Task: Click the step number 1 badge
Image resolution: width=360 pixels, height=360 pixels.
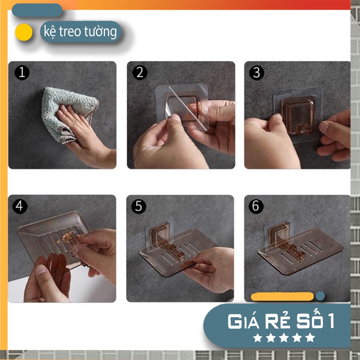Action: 22,73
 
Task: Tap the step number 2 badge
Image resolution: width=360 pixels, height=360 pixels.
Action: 140,73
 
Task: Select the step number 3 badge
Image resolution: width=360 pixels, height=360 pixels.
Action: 256,73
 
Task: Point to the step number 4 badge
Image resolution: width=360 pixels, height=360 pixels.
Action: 20,206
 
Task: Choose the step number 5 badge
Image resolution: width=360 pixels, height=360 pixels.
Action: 139,206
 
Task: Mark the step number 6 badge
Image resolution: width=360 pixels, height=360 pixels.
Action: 256,206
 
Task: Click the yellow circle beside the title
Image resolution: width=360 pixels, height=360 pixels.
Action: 24,32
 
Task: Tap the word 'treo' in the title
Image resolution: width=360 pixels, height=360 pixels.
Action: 71,31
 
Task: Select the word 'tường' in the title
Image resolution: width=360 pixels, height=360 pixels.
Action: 100,32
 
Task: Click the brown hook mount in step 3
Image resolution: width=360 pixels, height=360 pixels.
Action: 298,116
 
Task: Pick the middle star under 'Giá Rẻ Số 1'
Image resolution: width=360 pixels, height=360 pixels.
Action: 284,338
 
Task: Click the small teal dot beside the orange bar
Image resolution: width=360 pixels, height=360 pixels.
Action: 320,296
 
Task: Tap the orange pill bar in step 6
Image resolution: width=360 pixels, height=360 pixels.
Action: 282,297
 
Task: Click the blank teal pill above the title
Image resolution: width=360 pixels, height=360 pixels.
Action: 37,10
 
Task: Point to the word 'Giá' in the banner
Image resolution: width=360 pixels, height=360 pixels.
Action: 245,321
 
